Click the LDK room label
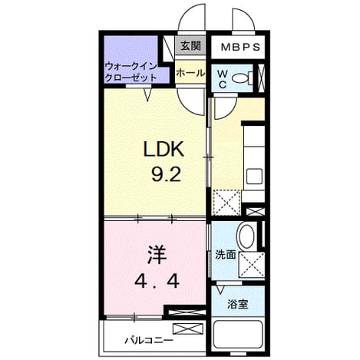click(x=163, y=149)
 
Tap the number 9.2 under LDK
click(x=166, y=175)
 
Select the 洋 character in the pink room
click(x=157, y=255)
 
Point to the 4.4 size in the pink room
click(x=157, y=282)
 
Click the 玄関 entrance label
click(x=190, y=46)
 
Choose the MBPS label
click(x=240, y=47)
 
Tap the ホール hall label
click(x=190, y=74)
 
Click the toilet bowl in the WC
click(x=242, y=78)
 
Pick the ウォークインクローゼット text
click(x=130, y=72)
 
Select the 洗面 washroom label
click(x=225, y=255)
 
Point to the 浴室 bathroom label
click(x=238, y=305)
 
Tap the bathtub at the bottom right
click(x=238, y=335)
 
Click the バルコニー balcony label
click(x=149, y=341)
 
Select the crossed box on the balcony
click(x=188, y=329)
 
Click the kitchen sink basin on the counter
click(x=254, y=176)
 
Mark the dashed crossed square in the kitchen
click(x=226, y=203)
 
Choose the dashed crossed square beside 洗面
click(x=252, y=265)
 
